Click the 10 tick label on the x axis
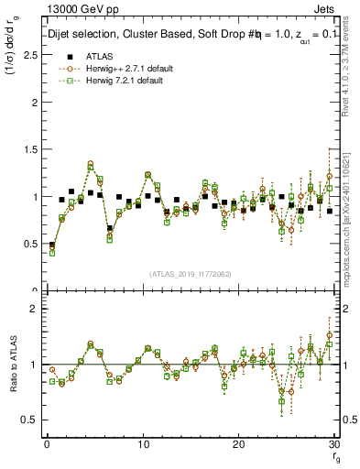143,444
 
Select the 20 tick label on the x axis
239,444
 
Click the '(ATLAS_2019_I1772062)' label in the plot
191,273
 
